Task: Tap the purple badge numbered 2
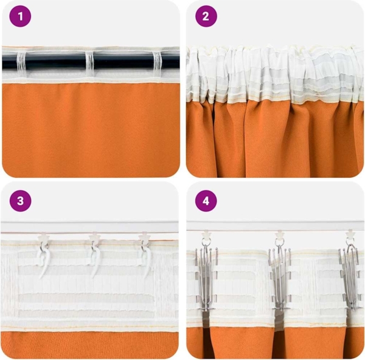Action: pos(206,16)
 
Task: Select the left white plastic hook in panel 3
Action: pos(44,259)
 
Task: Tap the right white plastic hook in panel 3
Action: pos(145,259)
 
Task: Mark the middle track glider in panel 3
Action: pos(94,237)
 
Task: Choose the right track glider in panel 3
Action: pos(145,237)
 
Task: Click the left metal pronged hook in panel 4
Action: pos(205,274)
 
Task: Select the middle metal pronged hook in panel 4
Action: pos(279,274)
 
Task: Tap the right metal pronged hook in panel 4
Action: pos(350,274)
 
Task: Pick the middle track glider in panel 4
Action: pos(279,235)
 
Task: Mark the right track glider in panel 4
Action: pos(351,235)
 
